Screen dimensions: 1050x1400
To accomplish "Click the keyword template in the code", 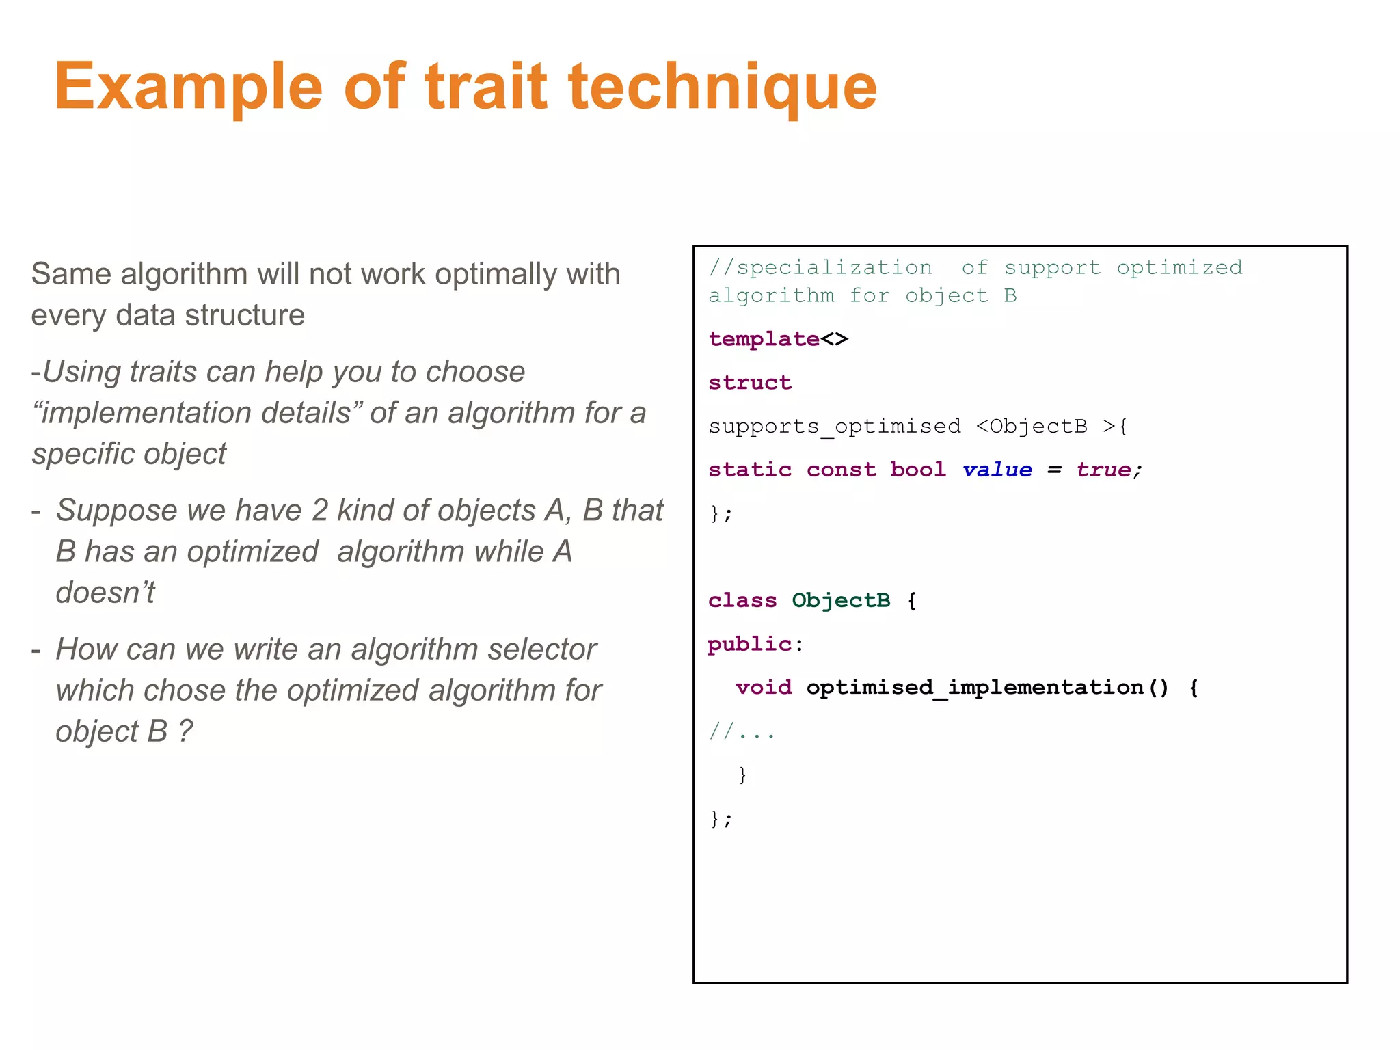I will (x=764, y=339).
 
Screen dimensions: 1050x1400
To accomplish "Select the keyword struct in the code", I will (x=750, y=383).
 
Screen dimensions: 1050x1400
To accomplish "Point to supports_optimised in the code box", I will (x=834, y=427).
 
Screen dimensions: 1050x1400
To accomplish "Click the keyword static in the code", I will (x=750, y=470).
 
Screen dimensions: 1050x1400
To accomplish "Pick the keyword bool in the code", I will (x=918, y=470).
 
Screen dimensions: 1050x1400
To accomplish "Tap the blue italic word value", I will (x=997, y=470).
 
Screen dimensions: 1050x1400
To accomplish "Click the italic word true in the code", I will (x=1103, y=470).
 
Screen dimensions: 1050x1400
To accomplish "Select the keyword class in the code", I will (x=742, y=601).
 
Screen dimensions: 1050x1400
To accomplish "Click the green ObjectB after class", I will (x=841, y=601).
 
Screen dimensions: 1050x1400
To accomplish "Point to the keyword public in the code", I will (x=750, y=645).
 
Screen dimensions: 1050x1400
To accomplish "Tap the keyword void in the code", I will (x=764, y=688).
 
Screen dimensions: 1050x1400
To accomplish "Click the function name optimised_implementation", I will (x=975, y=688).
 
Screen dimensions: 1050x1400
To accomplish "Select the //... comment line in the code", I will (x=742, y=732).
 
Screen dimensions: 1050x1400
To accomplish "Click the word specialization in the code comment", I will (x=834, y=268).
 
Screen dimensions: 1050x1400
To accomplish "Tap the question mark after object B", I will (x=185, y=731).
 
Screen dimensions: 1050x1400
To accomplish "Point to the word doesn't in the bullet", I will (x=105, y=593).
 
